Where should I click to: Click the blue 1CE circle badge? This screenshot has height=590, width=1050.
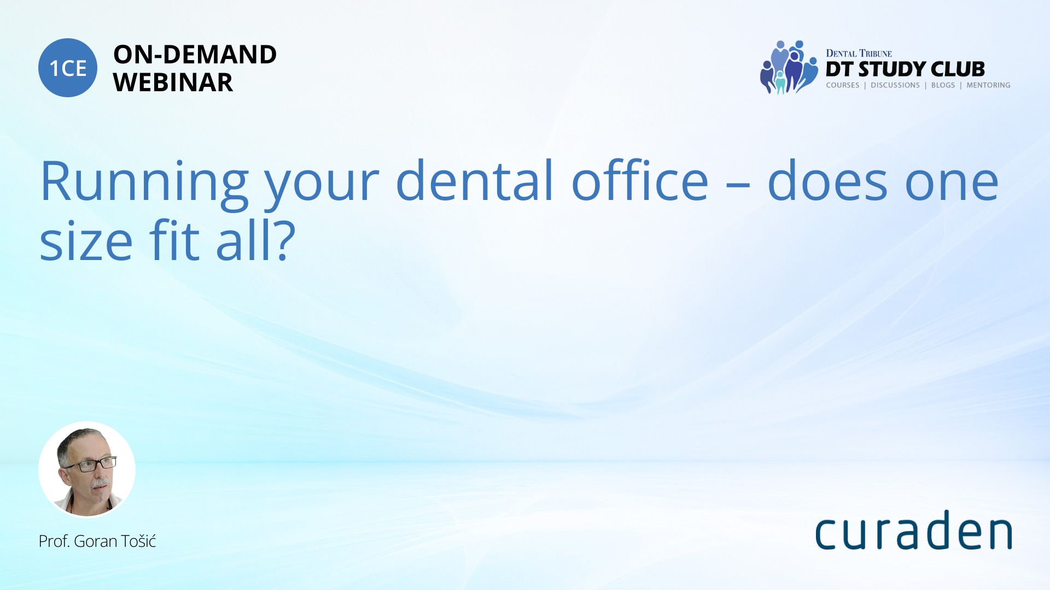coord(68,68)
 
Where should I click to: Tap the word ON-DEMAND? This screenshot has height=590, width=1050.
coord(195,55)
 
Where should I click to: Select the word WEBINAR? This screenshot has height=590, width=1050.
coord(173,82)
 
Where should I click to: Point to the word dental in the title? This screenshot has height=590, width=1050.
coord(475,180)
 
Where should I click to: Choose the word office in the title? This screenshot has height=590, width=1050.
coord(640,180)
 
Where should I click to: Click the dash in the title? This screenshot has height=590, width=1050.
coord(738,185)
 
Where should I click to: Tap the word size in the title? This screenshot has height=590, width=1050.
coord(86,240)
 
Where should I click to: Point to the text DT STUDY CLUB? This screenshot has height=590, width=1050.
coord(905,69)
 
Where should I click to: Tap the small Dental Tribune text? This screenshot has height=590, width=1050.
coord(859,54)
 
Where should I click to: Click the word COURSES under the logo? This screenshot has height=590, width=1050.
coord(843,85)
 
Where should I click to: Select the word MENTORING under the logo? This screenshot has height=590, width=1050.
coord(988,85)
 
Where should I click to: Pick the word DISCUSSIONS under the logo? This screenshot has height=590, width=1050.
coord(895,85)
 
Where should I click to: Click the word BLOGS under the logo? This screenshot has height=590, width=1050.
coord(943,85)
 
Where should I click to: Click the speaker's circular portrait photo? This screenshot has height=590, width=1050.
coord(87,469)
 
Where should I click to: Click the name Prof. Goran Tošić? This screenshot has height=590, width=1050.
coord(97,541)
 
